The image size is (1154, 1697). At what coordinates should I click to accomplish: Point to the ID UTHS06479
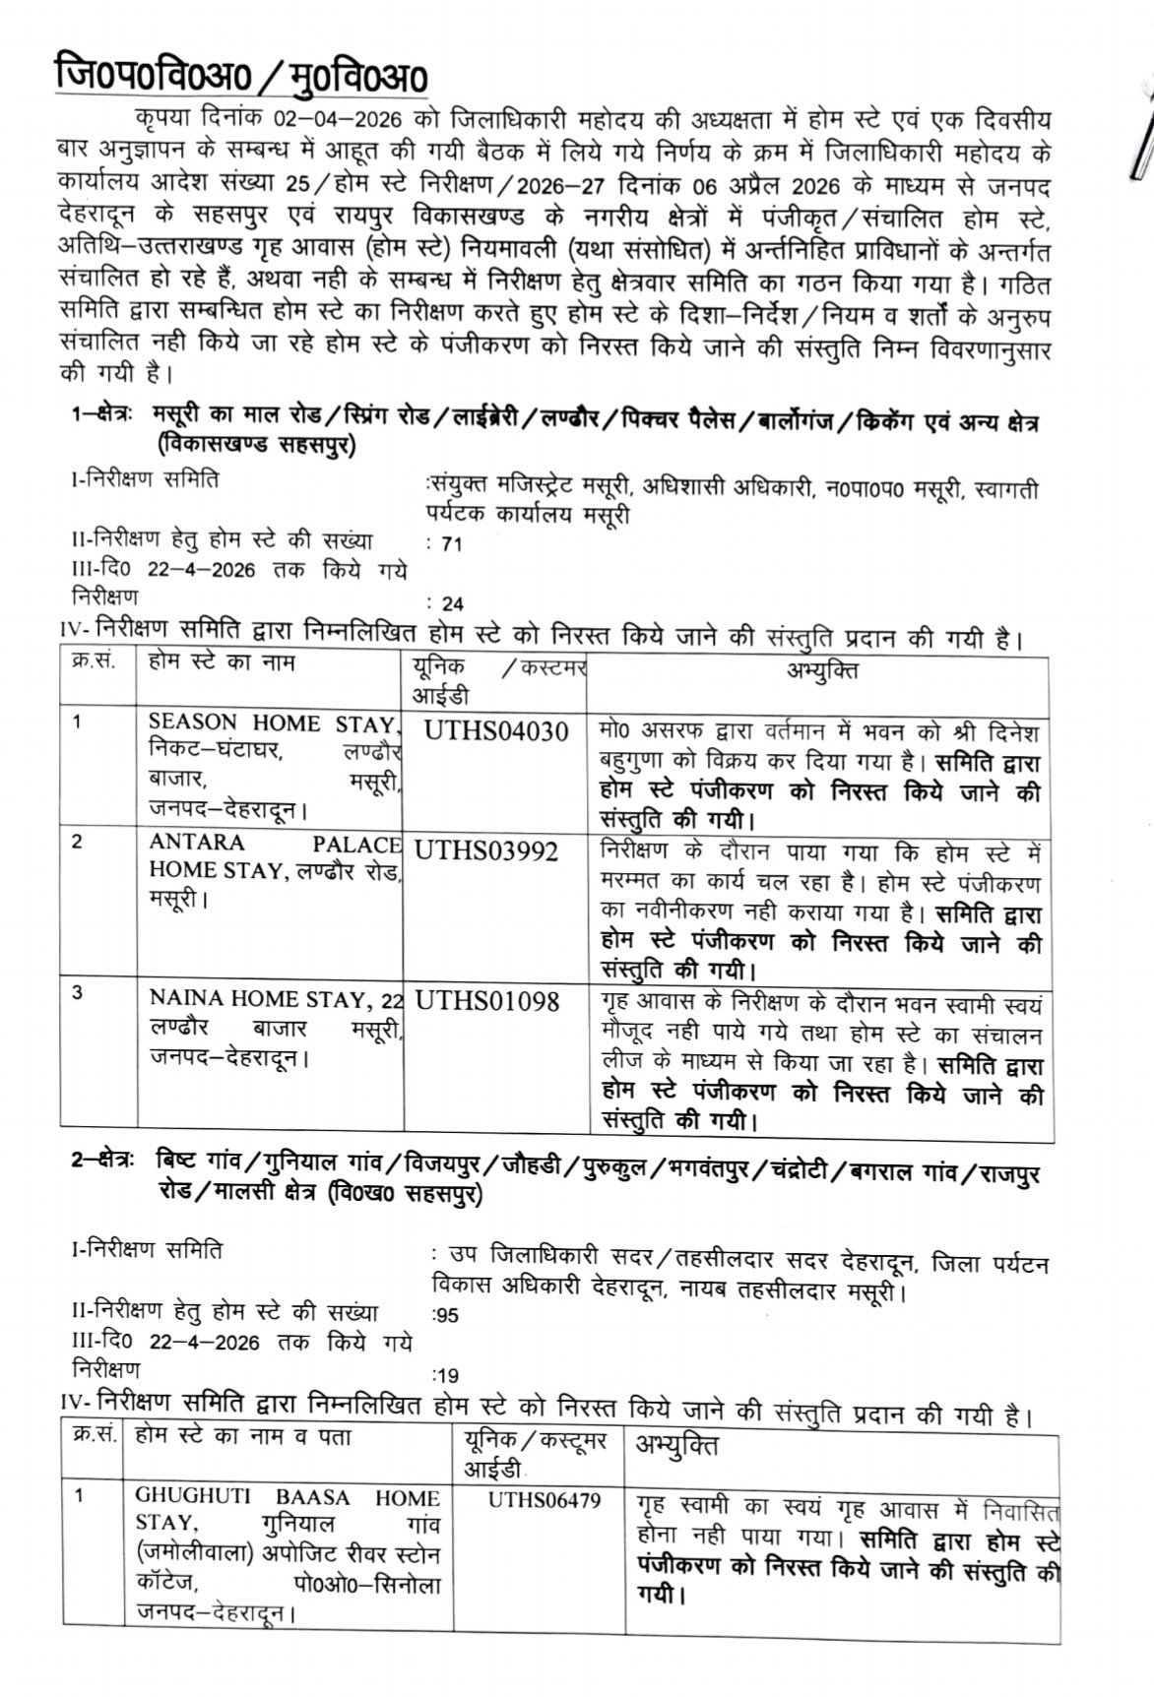tap(544, 1499)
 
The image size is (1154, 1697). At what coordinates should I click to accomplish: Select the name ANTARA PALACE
tap(275, 844)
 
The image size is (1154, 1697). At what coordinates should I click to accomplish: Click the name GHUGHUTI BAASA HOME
tap(287, 1498)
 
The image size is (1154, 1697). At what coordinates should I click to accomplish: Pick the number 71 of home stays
tap(452, 543)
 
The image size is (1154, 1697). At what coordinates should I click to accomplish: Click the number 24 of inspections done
tap(452, 604)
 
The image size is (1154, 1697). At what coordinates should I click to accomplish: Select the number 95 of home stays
tap(448, 1315)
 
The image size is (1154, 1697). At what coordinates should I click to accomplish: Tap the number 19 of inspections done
tap(448, 1376)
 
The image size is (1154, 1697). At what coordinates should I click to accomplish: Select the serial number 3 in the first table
tap(78, 992)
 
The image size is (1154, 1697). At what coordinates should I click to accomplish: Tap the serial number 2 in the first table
tap(78, 842)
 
